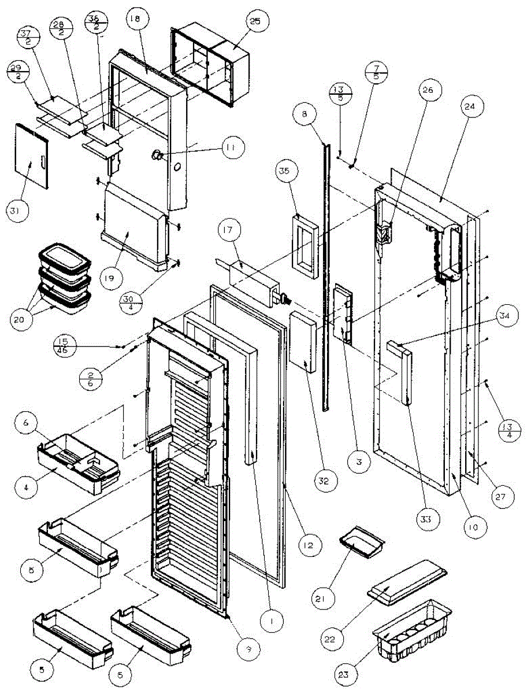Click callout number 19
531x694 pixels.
[111, 278]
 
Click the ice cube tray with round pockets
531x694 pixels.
[413, 630]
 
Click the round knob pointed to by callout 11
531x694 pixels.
[157, 154]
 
